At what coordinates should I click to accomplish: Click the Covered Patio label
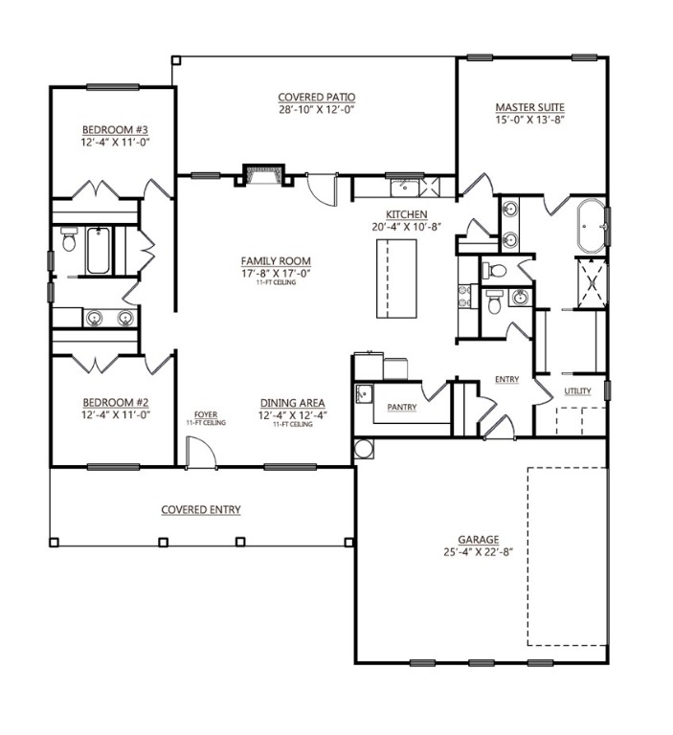coord(317,98)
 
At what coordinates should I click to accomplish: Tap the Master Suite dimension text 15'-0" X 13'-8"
coord(529,120)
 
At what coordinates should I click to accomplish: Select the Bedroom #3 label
coord(116,129)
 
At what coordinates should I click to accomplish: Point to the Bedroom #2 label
coord(116,403)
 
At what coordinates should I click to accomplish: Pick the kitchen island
coord(396,278)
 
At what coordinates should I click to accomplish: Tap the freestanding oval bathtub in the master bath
coord(591,227)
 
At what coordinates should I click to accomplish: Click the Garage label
coord(479,540)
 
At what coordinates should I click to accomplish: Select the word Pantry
coord(402,407)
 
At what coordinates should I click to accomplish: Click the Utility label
coord(577,390)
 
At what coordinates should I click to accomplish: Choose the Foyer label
coord(206,414)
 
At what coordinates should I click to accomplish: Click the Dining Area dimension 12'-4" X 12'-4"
coord(292,415)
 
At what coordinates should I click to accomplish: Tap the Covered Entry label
coord(201,509)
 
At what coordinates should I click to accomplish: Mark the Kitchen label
coord(407,214)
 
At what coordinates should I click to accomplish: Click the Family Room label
coord(276,261)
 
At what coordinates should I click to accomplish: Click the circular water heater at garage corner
coord(364,449)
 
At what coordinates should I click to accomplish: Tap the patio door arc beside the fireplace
coord(323,190)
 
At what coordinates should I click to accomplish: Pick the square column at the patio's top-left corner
coord(176,60)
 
